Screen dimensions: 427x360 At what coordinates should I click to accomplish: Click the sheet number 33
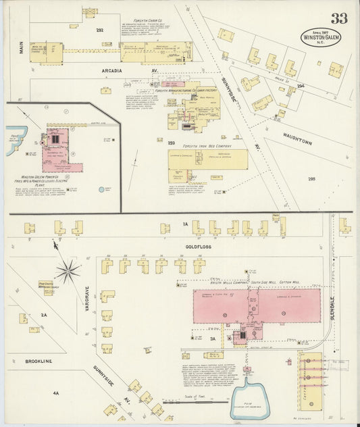tap(339, 18)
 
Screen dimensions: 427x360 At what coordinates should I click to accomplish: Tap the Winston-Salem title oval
tap(321, 36)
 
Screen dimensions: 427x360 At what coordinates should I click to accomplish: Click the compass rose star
tap(68, 272)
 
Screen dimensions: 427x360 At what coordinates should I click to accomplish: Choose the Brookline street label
tap(38, 361)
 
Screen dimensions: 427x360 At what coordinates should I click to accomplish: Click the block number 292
tap(100, 30)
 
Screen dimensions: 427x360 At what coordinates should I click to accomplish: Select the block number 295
tap(311, 178)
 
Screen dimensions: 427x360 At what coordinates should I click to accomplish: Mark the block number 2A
tap(44, 315)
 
